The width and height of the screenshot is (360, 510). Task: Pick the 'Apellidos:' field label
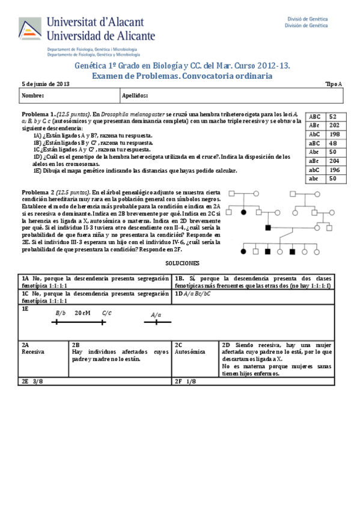point(135,95)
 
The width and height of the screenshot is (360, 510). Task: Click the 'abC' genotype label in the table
point(314,170)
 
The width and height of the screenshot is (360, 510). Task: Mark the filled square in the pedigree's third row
point(268,227)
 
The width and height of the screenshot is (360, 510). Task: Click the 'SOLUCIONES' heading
point(182,264)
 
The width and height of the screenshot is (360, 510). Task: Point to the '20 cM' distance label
point(82,313)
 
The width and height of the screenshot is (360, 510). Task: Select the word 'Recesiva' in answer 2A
point(33,352)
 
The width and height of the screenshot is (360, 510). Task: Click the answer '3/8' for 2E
point(37,381)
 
